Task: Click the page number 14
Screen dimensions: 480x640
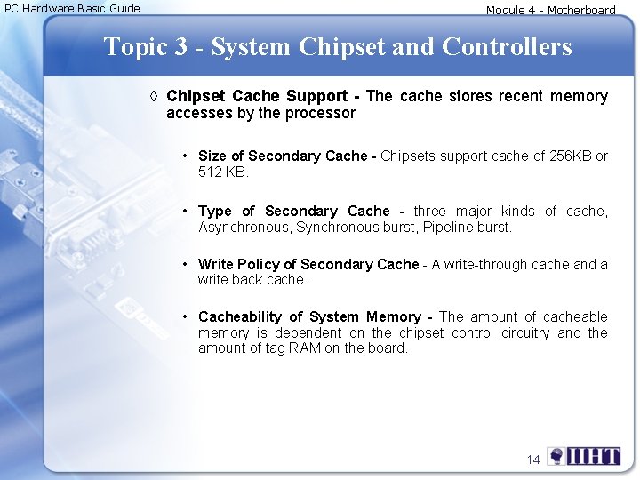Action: pyautogui.click(x=533, y=460)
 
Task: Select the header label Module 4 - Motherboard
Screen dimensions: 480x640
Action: pyautogui.click(x=550, y=11)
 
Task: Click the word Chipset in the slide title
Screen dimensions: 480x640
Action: pyautogui.click(x=342, y=47)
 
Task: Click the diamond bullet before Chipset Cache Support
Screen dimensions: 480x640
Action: pyautogui.click(x=154, y=96)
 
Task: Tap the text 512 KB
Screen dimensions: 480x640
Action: pyautogui.click(x=223, y=172)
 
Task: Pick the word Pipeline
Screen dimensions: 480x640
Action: pyautogui.click(x=450, y=227)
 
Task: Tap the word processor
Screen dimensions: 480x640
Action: pyautogui.click(x=322, y=113)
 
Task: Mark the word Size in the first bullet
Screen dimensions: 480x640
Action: pyautogui.click(x=213, y=156)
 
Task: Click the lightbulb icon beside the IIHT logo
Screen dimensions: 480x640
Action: pyautogui.click(x=556, y=457)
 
